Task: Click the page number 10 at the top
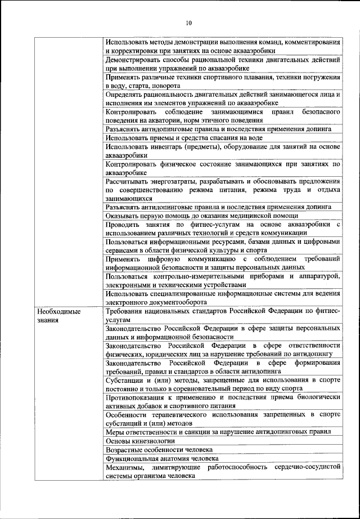[x=188, y=23]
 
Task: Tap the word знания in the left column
[x=49, y=320]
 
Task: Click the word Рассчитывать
[x=128, y=181]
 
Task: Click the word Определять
[x=127, y=95]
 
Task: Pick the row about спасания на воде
[x=184, y=137]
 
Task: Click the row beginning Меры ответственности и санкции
[x=217, y=432]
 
